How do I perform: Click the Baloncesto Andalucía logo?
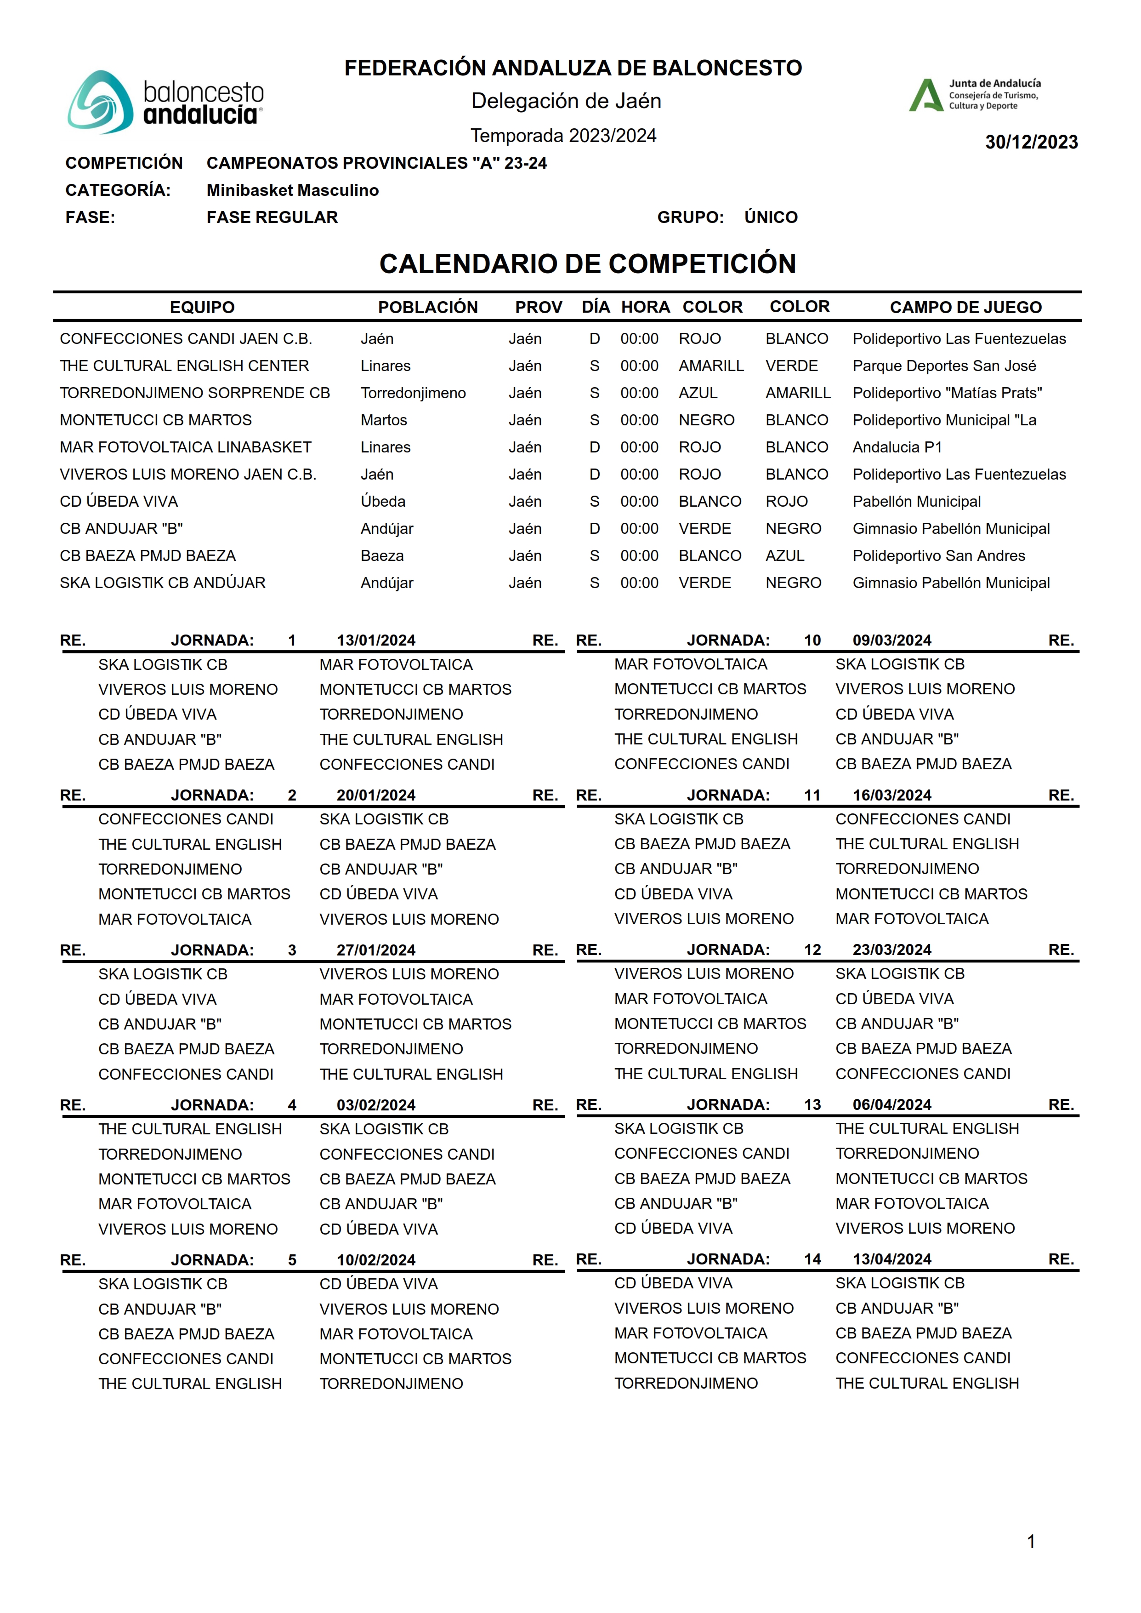pyautogui.click(x=166, y=102)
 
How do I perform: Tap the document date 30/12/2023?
pyautogui.click(x=1031, y=142)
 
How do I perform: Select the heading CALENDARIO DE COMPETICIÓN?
pyautogui.click(x=587, y=264)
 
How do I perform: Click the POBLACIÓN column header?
pyautogui.click(x=427, y=307)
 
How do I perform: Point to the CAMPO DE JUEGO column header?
pyautogui.click(x=965, y=307)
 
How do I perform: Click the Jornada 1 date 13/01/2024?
pyautogui.click(x=376, y=641)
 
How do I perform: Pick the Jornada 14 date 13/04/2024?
pyautogui.click(x=891, y=1259)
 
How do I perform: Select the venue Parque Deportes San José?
pyautogui.click(x=943, y=366)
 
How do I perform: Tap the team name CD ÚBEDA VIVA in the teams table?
pyautogui.click(x=119, y=501)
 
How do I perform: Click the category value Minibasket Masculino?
pyautogui.click(x=292, y=190)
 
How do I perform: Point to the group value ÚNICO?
pyautogui.click(x=771, y=217)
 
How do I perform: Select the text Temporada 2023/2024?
pyautogui.click(x=563, y=136)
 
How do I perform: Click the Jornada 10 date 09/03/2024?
pyautogui.click(x=891, y=641)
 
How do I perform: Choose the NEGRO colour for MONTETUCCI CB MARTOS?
pyautogui.click(x=706, y=420)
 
